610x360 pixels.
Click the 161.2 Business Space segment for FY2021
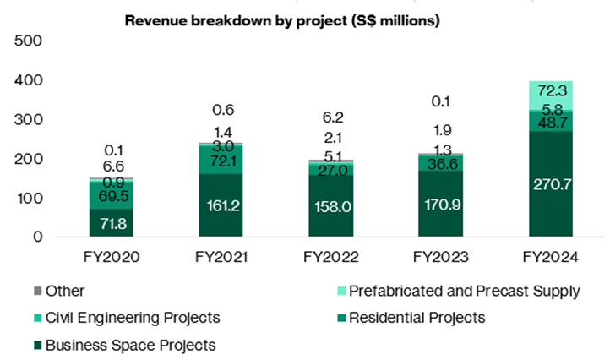(221, 205)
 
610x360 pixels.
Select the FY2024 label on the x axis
(551, 257)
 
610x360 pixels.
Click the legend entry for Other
(58, 291)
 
